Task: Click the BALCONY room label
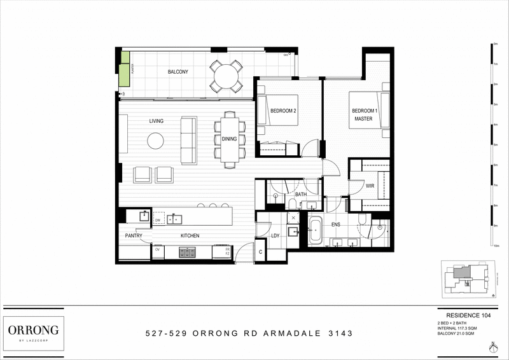pyautogui.click(x=178, y=73)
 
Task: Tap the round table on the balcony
pyautogui.click(x=227, y=76)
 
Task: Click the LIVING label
pyautogui.click(x=157, y=121)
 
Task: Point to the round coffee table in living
pyautogui.click(x=157, y=141)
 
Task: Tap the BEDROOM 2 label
pyautogui.click(x=283, y=111)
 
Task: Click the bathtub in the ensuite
pyautogui.click(x=316, y=232)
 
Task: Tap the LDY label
pyautogui.click(x=275, y=236)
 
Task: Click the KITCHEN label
pyautogui.click(x=190, y=236)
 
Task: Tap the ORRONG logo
pyautogui.click(x=33, y=330)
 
